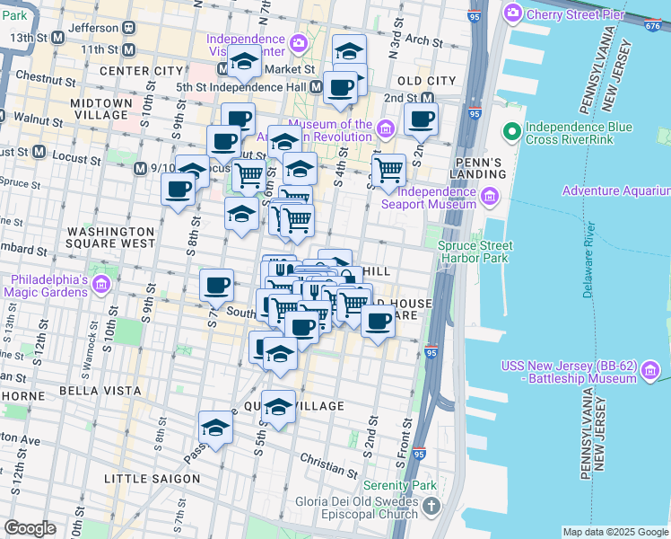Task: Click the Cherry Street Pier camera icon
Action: (513, 13)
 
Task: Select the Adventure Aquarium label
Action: (615, 190)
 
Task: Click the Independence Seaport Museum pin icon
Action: (491, 197)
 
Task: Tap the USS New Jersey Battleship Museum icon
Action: (652, 369)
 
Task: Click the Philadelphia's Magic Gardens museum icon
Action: (100, 285)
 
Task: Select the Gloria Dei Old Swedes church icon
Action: (432, 507)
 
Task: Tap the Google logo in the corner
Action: (30, 528)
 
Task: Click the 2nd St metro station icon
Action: (428, 97)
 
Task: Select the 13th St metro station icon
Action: (58, 37)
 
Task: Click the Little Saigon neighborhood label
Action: (152, 479)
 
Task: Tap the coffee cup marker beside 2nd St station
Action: (420, 119)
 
